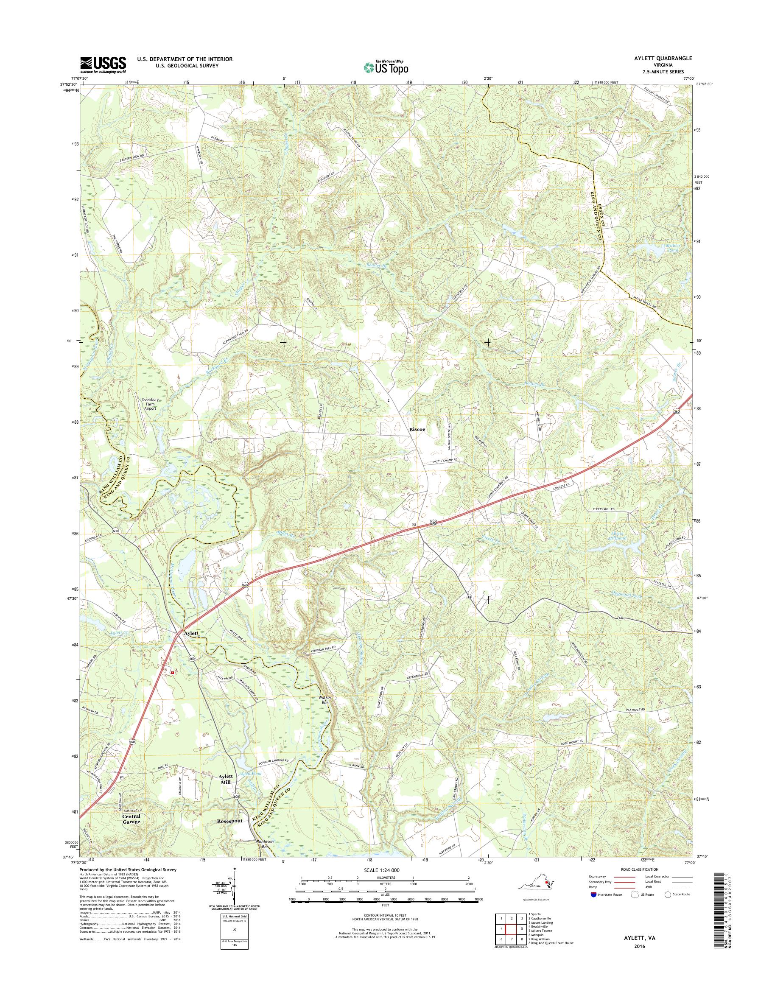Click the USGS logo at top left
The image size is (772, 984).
[103, 64]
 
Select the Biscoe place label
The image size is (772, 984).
[418, 430]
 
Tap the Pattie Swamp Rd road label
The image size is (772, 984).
[443, 460]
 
